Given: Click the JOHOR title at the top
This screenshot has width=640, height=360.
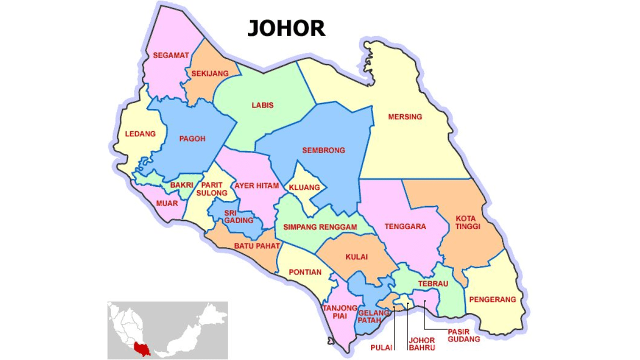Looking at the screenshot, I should tap(286, 29).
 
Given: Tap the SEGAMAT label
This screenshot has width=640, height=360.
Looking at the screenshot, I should tap(171, 55).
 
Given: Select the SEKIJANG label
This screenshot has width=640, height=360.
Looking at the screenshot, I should tap(210, 73).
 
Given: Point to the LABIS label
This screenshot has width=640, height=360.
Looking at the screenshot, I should tap(262, 105).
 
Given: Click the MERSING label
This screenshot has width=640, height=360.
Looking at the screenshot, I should tap(405, 117).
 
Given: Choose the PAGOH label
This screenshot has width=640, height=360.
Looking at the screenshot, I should tap(192, 138).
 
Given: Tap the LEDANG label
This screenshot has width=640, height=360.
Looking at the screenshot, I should tap(140, 134).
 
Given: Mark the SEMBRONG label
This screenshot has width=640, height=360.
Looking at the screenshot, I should tap(323, 150).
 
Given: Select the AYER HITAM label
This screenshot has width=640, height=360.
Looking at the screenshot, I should tap(256, 186).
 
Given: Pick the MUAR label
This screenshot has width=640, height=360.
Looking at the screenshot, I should tap(167, 203).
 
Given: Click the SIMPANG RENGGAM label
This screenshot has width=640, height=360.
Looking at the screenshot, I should tap(320, 227).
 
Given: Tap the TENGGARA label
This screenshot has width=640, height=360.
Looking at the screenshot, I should tap(405, 226).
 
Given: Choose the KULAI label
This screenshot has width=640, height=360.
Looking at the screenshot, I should tap(356, 257).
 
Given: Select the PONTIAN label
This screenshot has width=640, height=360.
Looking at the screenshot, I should tap(305, 272).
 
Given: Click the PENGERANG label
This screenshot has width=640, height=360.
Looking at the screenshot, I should tap(492, 299).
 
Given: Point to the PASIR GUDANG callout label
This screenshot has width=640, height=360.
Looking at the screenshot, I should tap(464, 335).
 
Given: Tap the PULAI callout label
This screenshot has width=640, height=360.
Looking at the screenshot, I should tap(381, 347).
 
